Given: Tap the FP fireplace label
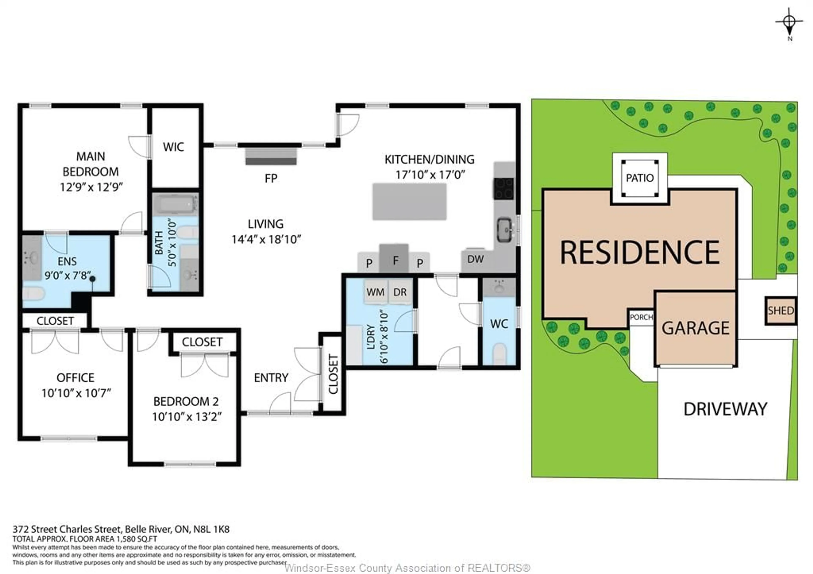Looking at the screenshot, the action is point(271,178).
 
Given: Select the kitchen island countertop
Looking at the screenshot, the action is point(409,202).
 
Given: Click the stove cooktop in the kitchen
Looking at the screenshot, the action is point(504,188).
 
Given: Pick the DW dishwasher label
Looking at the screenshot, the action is point(475,259).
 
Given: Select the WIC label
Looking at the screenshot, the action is point(174,147).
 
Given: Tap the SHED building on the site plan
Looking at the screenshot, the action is point(781,311).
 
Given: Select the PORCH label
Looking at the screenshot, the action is point(641,317).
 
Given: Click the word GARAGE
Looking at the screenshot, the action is point(696,328).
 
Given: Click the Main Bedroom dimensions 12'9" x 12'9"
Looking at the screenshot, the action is point(91,187).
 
